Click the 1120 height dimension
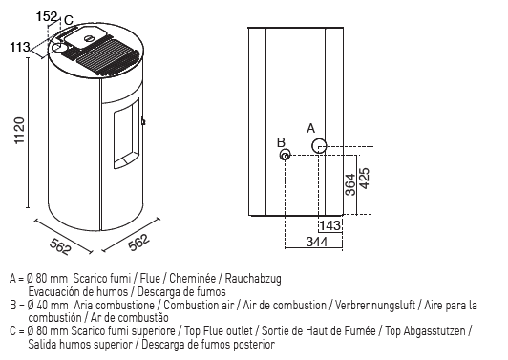(19, 131)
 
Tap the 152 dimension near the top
(47, 16)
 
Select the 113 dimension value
(20, 48)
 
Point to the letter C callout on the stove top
(69, 20)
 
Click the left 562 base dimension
(60, 246)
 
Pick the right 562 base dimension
(139, 243)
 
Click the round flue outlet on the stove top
(59, 48)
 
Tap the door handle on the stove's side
(143, 121)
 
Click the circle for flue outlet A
(319, 146)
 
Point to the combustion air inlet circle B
(285, 155)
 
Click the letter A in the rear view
(310, 128)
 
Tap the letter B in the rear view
(281, 142)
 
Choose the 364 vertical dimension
(350, 184)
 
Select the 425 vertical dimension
(364, 179)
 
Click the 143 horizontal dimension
(329, 225)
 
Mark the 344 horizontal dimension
(316, 242)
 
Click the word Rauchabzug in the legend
(253, 278)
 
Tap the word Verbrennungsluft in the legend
(375, 305)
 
